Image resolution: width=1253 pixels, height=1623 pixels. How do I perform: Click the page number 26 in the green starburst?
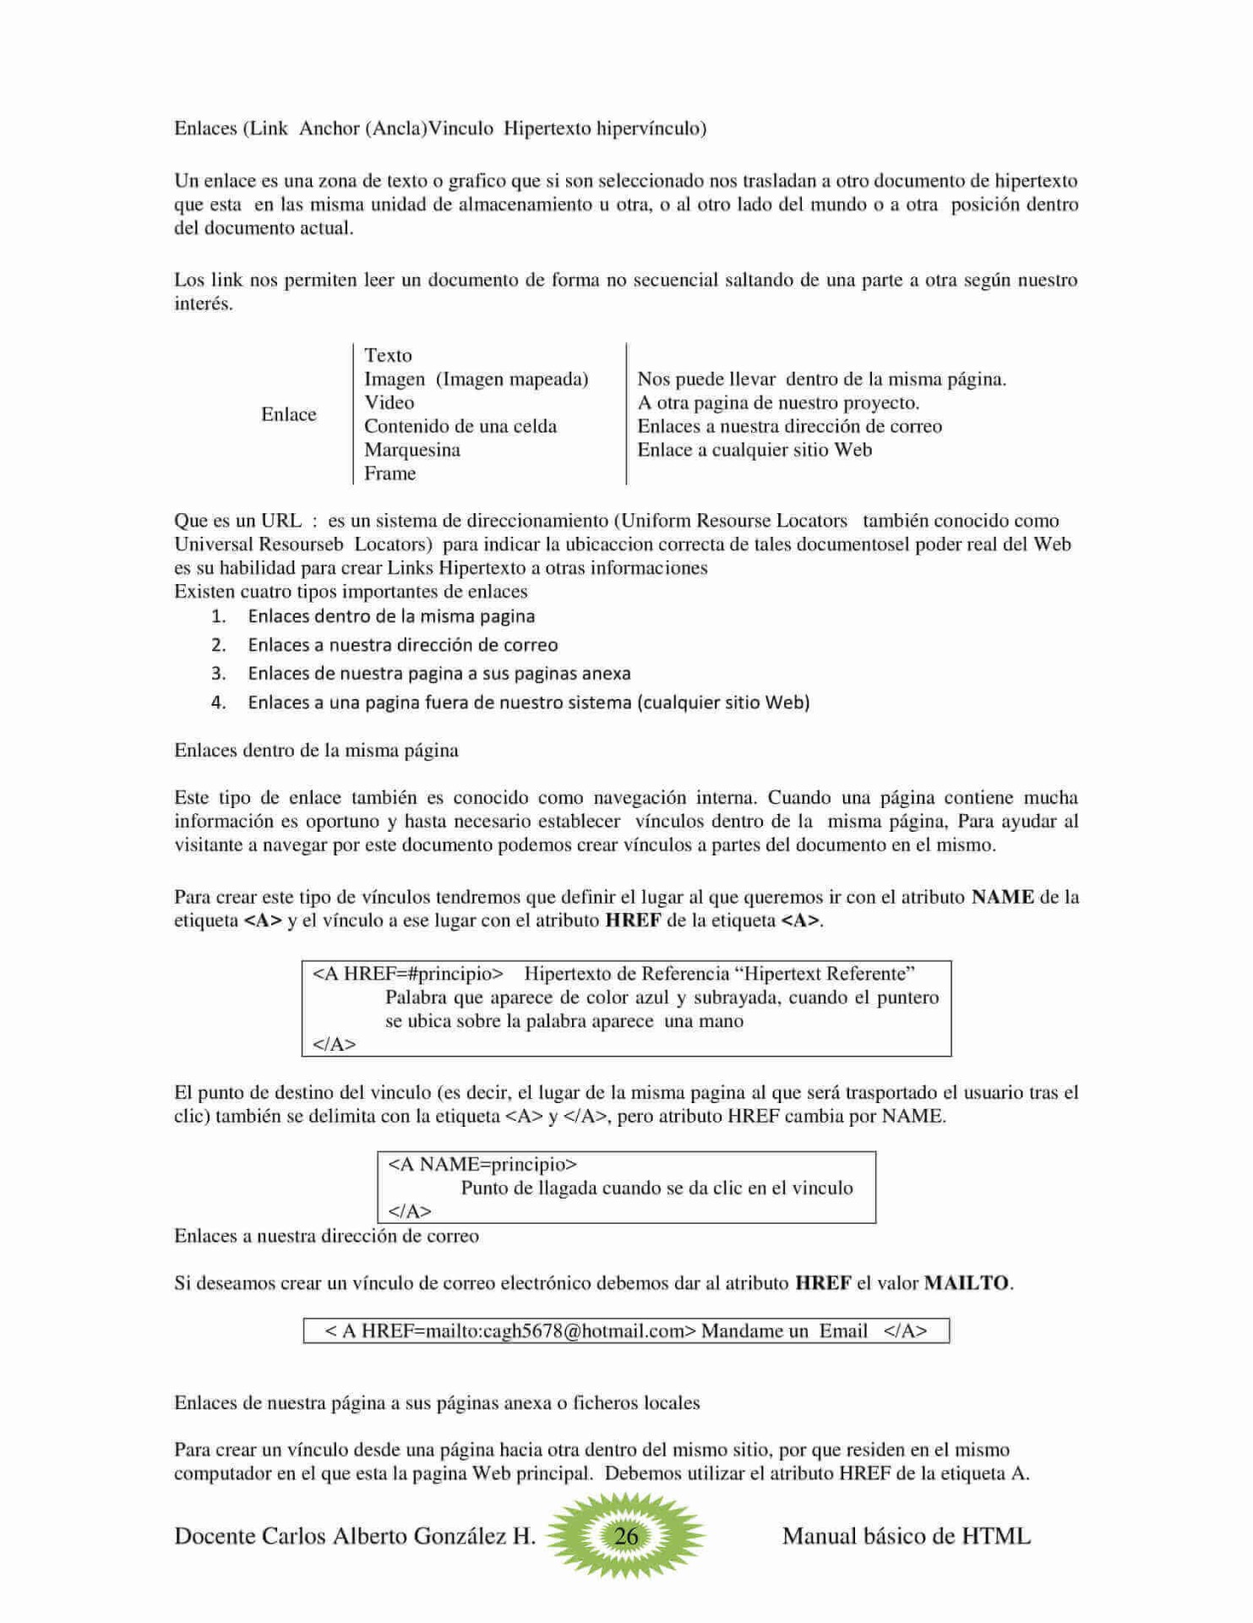[625, 1535]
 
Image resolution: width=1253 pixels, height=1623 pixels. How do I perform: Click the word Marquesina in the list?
[411, 450]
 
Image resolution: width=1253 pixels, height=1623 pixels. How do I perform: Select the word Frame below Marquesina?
[390, 473]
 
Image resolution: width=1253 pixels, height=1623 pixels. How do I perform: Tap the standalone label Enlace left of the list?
[288, 414]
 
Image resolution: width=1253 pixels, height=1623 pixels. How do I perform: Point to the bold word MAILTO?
[967, 1282]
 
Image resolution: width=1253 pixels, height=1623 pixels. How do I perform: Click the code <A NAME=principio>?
[482, 1164]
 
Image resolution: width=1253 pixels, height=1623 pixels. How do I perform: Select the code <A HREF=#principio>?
[407, 973]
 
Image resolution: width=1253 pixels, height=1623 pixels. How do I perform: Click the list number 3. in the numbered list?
[219, 673]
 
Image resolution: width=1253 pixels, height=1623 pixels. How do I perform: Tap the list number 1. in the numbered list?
[219, 616]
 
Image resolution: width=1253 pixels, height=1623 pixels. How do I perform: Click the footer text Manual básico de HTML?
[906, 1536]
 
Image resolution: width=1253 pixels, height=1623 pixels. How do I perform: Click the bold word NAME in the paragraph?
[1002, 897]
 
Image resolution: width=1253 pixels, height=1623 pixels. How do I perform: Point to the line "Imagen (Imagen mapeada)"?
[476, 379]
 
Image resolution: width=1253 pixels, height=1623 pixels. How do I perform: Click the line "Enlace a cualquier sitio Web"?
[754, 450]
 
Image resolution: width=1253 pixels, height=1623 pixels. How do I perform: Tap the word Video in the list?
[389, 402]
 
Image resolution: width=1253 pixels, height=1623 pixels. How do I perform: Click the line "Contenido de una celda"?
[460, 426]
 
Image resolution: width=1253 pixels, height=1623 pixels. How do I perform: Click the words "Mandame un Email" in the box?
[783, 1331]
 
